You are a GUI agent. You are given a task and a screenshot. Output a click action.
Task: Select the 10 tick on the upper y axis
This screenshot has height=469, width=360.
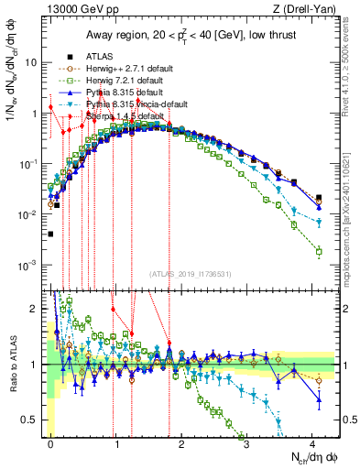pyautogui.click(x=31, y=63)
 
